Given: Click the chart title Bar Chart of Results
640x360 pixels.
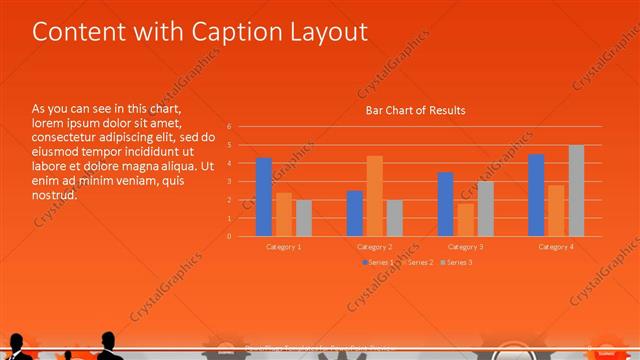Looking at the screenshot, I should [x=414, y=110].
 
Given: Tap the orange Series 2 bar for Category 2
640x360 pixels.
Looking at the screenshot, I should [x=374, y=196].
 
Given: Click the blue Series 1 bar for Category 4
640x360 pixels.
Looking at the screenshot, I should [x=536, y=195].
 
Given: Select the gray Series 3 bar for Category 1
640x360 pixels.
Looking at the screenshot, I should [x=304, y=218].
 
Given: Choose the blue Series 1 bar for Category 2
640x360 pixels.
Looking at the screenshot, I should [x=354, y=213].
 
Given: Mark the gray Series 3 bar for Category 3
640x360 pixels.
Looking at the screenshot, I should [x=485, y=208].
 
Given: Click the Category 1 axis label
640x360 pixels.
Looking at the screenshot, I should [x=284, y=246].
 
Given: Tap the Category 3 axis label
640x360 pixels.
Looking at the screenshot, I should [x=465, y=246].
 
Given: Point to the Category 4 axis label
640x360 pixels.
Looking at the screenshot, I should [x=556, y=246].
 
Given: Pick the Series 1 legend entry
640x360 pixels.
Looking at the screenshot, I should [x=378, y=262].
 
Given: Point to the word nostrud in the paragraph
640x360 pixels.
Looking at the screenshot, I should [x=54, y=195].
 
